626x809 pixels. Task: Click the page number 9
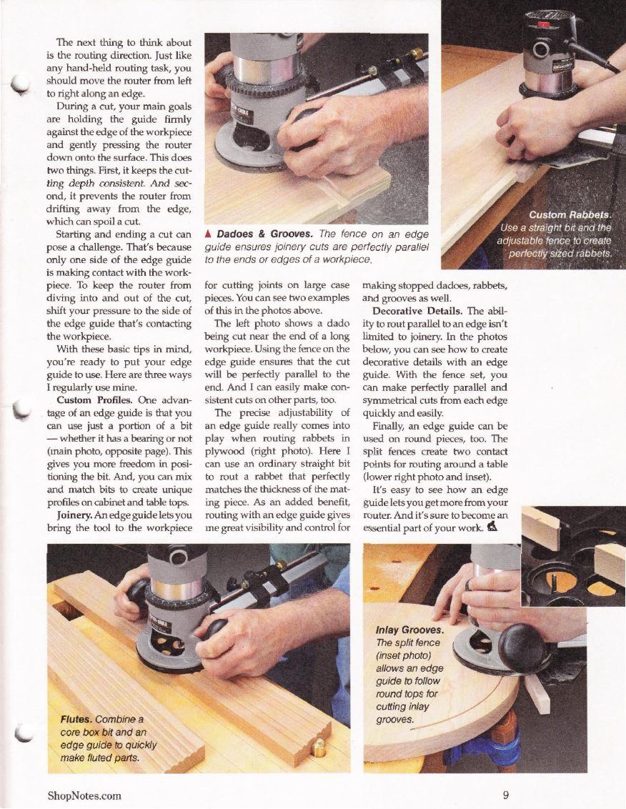coord(506,795)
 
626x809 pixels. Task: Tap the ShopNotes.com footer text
coord(84,795)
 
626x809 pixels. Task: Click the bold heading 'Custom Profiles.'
coord(95,400)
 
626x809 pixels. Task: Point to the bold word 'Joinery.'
coord(73,515)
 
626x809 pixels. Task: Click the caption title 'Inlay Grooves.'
coord(409,630)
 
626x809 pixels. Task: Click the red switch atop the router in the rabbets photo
coord(542,25)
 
